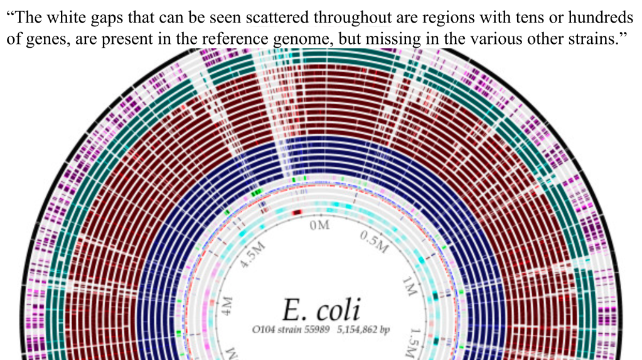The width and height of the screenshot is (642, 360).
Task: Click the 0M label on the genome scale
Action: pos(320,225)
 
